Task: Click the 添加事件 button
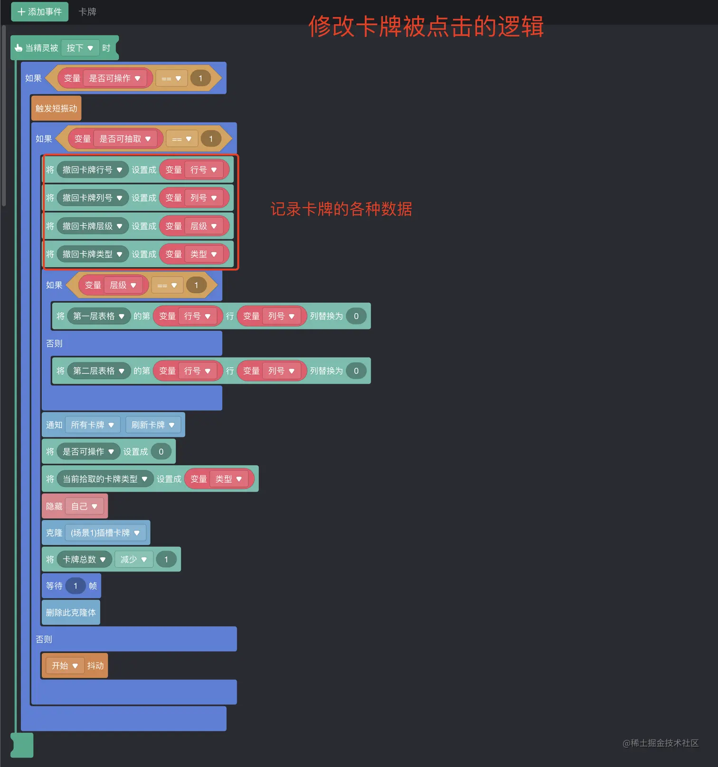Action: click(x=40, y=12)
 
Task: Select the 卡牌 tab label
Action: click(x=87, y=12)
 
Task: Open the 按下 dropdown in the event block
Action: click(x=80, y=48)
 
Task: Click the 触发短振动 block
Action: click(x=56, y=109)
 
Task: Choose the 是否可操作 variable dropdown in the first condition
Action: click(x=115, y=78)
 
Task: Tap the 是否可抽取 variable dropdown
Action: click(x=125, y=139)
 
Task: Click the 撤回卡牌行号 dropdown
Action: click(x=93, y=170)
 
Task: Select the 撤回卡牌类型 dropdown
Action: click(x=93, y=254)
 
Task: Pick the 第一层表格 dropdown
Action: click(x=99, y=316)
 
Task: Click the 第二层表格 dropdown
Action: click(x=99, y=371)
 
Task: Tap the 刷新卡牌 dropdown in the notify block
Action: click(x=153, y=425)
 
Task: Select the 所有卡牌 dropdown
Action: click(x=93, y=425)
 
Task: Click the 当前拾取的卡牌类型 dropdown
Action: click(x=105, y=479)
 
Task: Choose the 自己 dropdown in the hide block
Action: click(x=84, y=506)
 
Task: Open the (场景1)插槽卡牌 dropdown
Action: click(x=105, y=533)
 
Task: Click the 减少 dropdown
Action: click(x=133, y=560)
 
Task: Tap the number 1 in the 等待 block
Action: click(x=76, y=586)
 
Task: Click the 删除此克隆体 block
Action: click(x=71, y=613)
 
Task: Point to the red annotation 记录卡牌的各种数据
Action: click(x=341, y=209)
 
